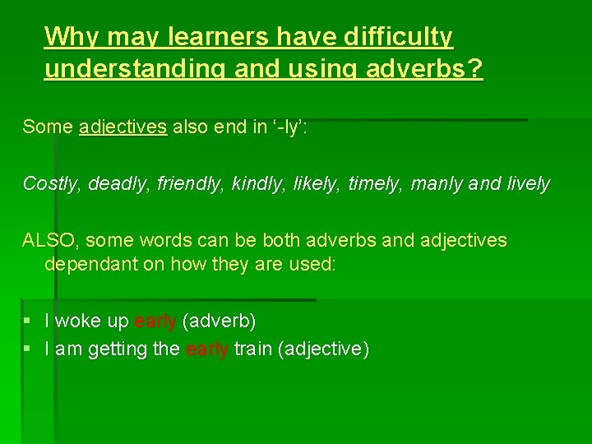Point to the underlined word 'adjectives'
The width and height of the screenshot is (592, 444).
123,127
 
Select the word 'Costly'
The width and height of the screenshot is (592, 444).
48,183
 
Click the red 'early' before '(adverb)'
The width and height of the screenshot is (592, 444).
155,321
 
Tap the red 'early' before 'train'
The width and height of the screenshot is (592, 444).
207,349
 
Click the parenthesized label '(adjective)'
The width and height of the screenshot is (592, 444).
324,349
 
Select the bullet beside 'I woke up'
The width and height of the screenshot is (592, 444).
27,321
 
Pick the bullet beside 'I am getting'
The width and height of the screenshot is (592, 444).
27,349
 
